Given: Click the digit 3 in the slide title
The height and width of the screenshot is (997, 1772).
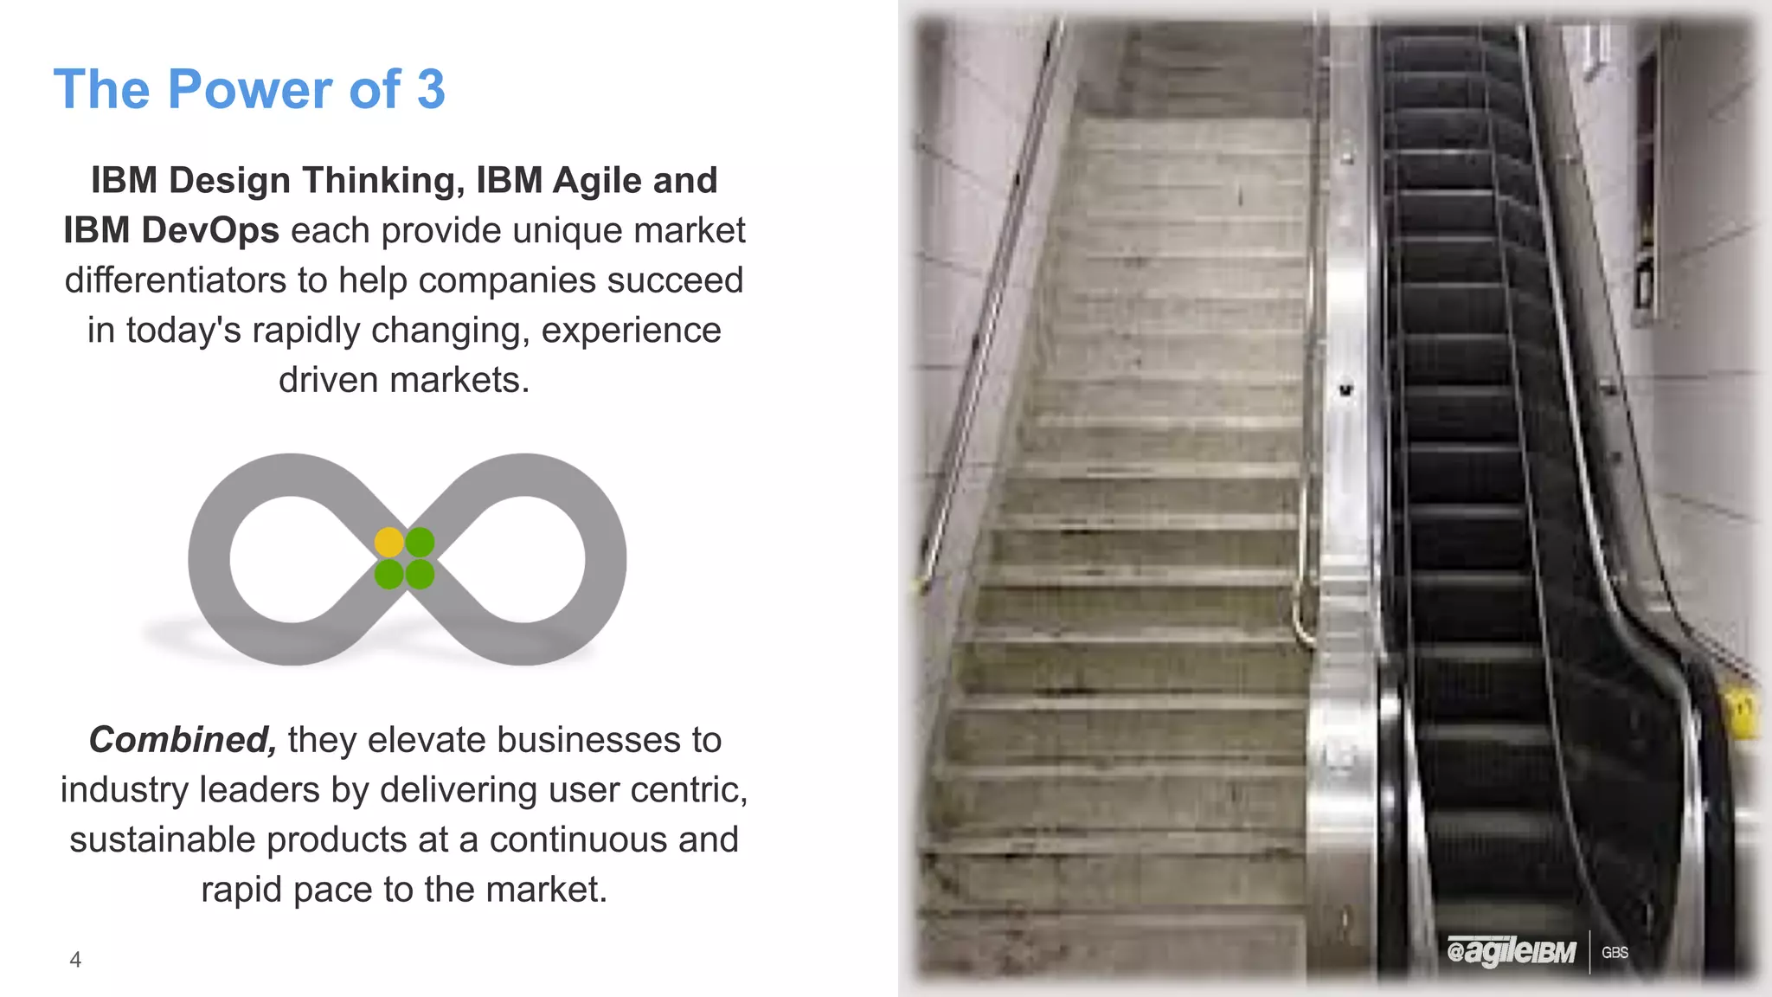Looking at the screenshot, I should tap(430, 89).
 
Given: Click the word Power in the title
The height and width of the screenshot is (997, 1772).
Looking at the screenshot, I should tap(249, 89).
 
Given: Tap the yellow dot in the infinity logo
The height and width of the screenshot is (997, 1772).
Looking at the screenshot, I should tap(388, 543).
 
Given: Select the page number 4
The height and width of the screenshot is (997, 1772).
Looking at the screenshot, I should tap(75, 960).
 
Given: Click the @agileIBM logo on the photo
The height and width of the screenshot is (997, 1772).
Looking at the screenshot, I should tap(1511, 952).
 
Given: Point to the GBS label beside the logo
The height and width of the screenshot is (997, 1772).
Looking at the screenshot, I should tap(1615, 953).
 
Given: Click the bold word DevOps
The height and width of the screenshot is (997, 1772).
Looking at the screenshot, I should tap(211, 231).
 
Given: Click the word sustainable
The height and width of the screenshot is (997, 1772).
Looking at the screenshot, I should tap(162, 839).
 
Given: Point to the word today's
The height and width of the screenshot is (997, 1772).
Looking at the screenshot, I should tap(183, 331).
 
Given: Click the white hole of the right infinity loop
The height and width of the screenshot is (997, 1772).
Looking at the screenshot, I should tap(523, 559).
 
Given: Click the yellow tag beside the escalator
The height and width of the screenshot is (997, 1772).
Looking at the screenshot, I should tap(1741, 713).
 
